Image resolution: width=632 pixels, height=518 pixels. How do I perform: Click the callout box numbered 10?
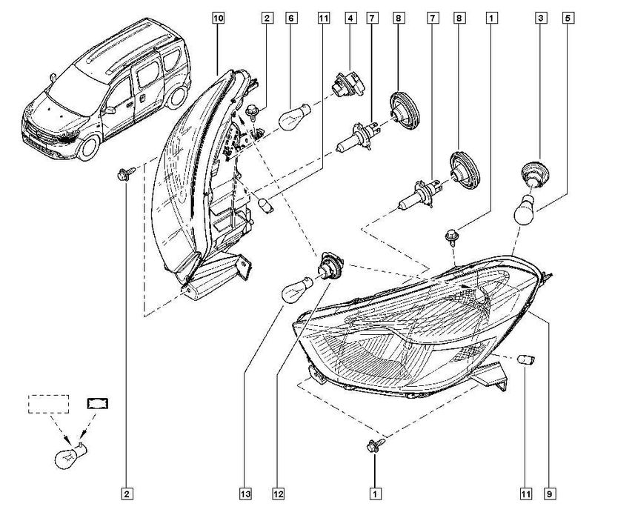(x=218, y=18)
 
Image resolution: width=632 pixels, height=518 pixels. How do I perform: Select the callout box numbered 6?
(x=291, y=18)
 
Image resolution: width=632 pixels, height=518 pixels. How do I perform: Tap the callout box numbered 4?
(x=350, y=18)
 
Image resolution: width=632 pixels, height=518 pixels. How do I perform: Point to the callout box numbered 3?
(x=541, y=18)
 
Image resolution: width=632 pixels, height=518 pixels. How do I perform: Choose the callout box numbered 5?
(x=568, y=18)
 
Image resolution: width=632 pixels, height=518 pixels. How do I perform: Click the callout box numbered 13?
(x=245, y=494)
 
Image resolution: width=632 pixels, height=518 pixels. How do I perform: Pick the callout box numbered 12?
(x=279, y=494)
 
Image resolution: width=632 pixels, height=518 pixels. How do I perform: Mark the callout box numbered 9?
(x=550, y=494)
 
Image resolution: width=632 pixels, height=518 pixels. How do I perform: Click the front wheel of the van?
(x=89, y=147)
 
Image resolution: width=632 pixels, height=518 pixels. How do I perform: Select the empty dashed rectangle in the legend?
(x=48, y=404)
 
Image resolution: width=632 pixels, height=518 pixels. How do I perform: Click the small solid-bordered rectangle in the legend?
(x=98, y=403)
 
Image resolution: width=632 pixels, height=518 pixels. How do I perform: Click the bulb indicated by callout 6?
(x=295, y=117)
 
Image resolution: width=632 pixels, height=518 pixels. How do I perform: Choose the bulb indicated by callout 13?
(x=299, y=289)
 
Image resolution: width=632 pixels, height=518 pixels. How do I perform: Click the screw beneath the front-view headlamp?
(x=375, y=445)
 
